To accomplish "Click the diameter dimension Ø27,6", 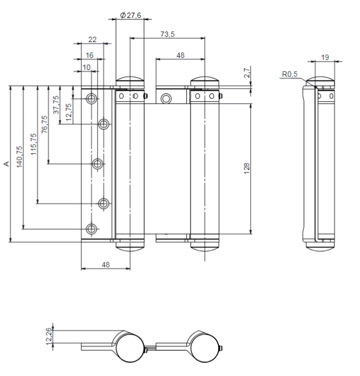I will pyautogui.click(x=130, y=15).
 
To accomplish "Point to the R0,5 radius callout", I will pyautogui.click(x=289, y=74).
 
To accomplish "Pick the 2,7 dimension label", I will pyautogui.click(x=247, y=73).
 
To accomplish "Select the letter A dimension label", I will pyautogui.click(x=6, y=164).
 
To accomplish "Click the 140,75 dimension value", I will pyautogui.click(x=20, y=157).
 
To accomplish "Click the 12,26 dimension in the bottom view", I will pyautogui.click(x=49, y=336).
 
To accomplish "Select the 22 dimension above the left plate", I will pyautogui.click(x=92, y=39).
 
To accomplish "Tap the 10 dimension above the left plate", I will pyautogui.click(x=87, y=67).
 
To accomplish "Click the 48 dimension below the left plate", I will pyautogui.click(x=105, y=265).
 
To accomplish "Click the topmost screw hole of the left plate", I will pyautogui.click(x=91, y=98).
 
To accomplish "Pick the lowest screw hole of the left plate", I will pyautogui.click(x=91, y=229).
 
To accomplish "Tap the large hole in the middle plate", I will pyautogui.click(x=166, y=98).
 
